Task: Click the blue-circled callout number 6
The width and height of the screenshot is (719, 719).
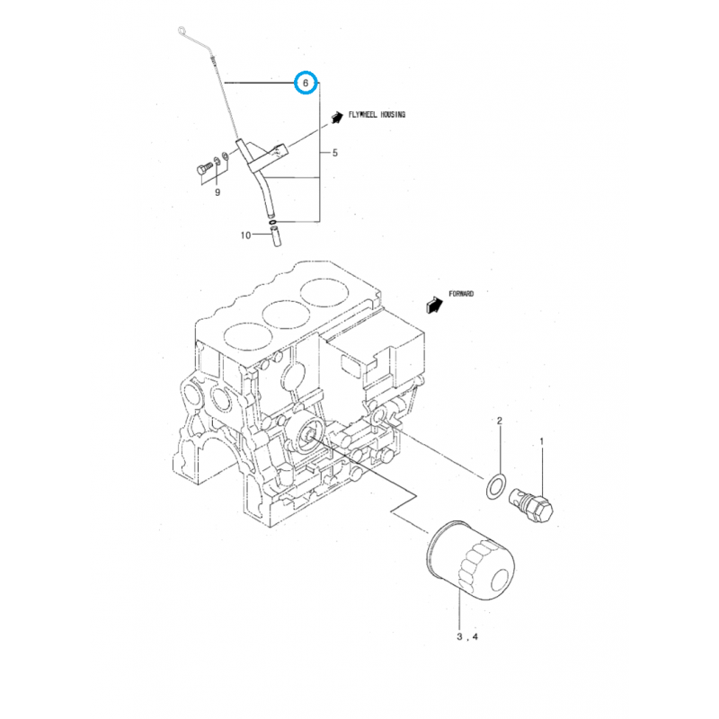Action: [x=307, y=83]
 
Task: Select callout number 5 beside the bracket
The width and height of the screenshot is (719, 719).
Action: [x=335, y=154]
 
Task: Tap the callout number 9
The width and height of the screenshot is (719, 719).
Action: [x=217, y=191]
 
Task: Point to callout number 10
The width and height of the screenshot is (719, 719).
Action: [x=244, y=235]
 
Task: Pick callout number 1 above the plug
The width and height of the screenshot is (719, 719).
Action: [x=542, y=441]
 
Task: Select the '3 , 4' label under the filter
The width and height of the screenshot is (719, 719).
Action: [x=467, y=637]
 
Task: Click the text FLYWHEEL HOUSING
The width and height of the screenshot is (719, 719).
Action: [x=377, y=115]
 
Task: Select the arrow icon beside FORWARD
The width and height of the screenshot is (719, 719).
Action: [x=435, y=304]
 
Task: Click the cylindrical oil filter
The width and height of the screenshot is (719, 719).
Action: [x=469, y=562]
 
